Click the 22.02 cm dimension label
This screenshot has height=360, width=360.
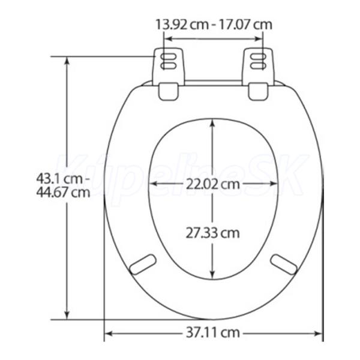click(212, 184)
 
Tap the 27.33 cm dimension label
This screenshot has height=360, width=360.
click(212, 233)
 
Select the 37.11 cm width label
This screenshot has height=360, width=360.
click(212, 332)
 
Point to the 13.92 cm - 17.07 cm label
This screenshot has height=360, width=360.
click(214, 25)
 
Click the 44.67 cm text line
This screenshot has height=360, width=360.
click(63, 193)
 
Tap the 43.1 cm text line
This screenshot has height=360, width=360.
click(62, 179)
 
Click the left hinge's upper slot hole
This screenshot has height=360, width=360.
click(169, 57)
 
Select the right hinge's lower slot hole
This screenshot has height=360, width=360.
click(258, 66)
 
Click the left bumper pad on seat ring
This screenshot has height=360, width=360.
click(143, 265)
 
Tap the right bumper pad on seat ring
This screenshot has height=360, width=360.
click(284, 265)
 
